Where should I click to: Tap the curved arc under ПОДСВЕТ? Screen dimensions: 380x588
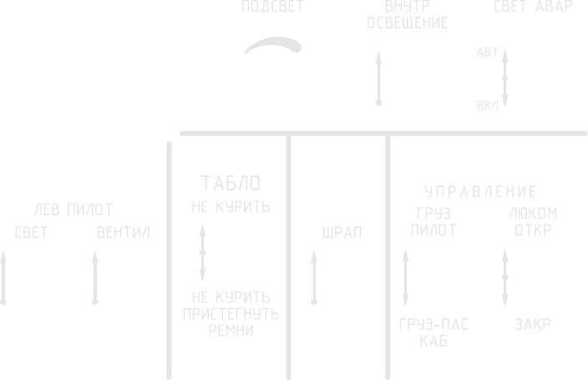[272, 46]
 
